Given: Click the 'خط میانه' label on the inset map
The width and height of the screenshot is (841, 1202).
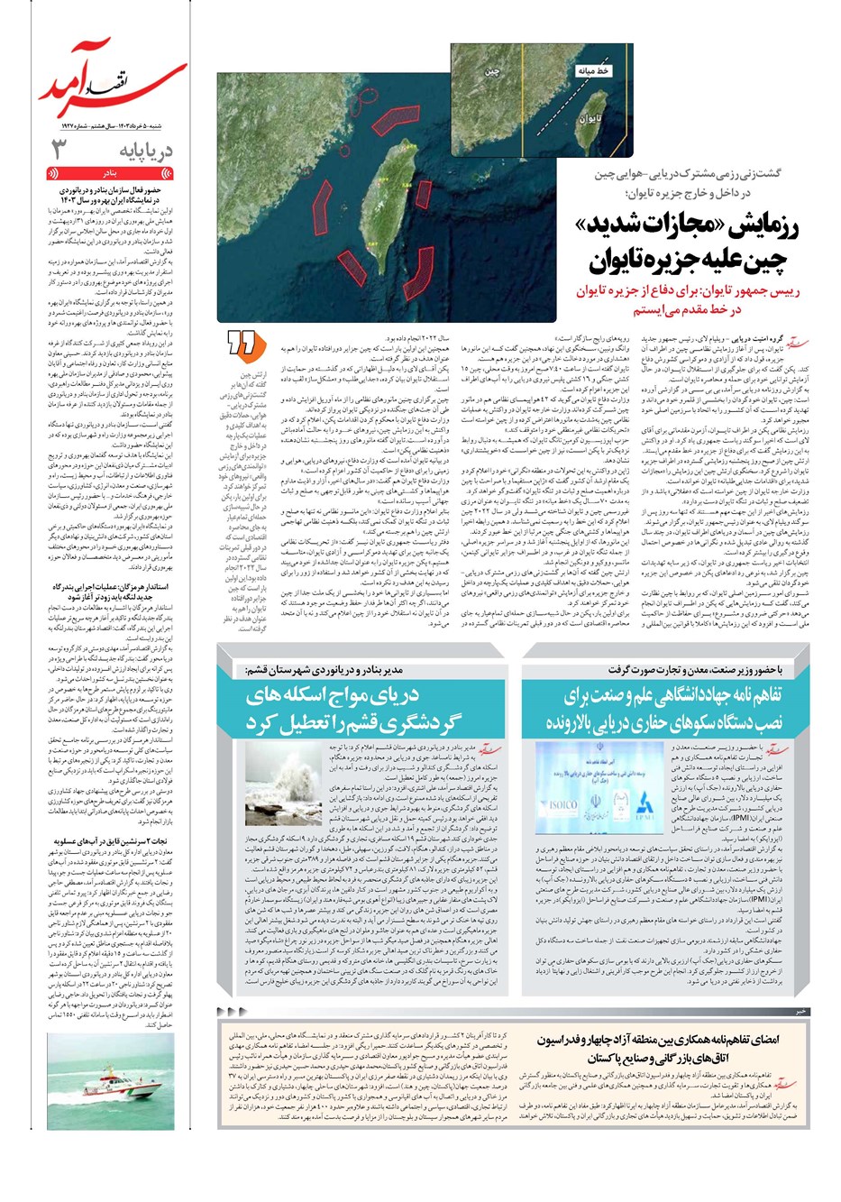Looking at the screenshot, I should [592, 70].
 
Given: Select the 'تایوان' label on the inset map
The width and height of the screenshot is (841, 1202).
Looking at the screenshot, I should [590, 118].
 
